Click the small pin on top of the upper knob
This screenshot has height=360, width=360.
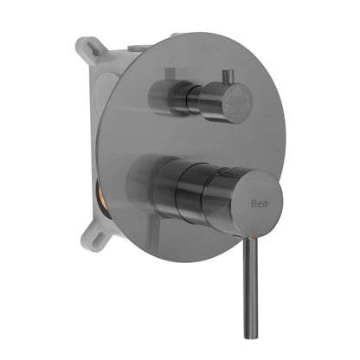(230, 75)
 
